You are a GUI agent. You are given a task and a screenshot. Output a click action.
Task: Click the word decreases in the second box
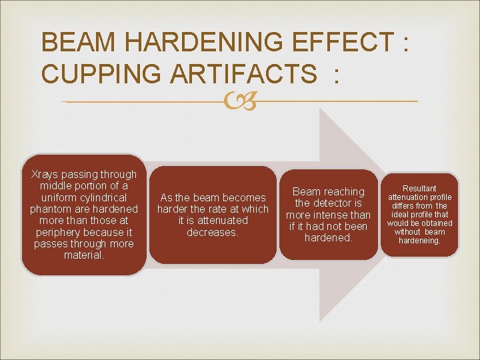coord(213,232)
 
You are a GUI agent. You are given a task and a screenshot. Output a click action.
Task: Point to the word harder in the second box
coord(173,209)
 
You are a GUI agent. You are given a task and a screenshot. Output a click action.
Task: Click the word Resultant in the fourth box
coord(420,189)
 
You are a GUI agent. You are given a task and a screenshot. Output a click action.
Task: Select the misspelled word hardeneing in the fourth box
coord(420,241)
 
